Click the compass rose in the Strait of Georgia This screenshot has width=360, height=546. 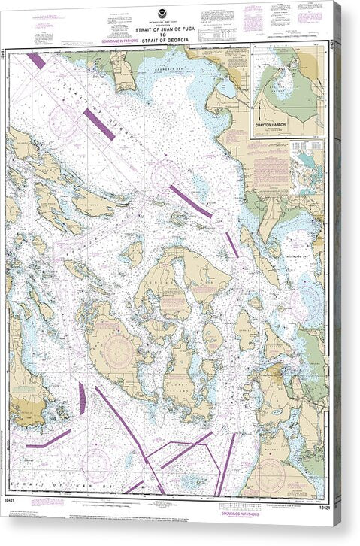[x=64, y=119]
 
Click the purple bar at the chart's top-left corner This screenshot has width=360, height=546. [x=35, y=60]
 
